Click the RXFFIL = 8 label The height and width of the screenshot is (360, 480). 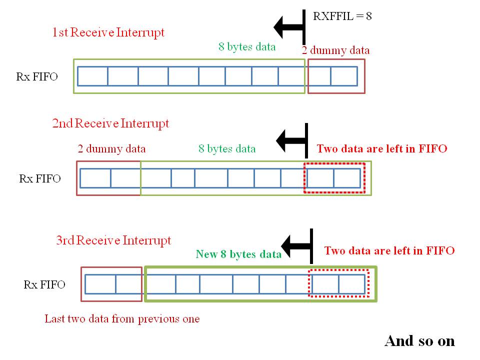(342, 16)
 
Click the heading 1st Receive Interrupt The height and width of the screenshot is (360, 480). (108, 32)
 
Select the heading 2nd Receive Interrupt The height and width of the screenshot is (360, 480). (110, 123)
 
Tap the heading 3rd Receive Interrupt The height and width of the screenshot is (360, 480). (113, 240)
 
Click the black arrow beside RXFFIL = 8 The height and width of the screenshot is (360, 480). (289, 27)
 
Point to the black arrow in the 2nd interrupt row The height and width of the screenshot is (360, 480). (292, 140)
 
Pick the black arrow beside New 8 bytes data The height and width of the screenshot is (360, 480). (297, 246)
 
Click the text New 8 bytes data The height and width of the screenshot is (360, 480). (238, 254)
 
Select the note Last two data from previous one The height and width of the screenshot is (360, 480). (122, 319)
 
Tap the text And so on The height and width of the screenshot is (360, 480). (419, 341)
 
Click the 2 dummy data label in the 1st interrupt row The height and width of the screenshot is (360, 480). (335, 50)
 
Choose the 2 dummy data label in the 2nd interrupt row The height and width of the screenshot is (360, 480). (111, 149)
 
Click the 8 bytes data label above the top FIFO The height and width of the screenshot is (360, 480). (247, 46)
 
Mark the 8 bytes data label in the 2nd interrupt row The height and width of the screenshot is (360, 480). (227, 149)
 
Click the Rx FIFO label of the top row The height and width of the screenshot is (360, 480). (36, 76)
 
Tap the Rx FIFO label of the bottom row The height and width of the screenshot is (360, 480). (44, 284)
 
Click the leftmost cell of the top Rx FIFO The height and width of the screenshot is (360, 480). (93, 76)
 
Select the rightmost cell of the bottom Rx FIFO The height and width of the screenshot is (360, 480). (352, 284)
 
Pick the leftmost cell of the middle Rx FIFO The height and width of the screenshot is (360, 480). (95, 178)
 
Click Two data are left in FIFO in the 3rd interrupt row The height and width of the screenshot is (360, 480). (389, 250)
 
